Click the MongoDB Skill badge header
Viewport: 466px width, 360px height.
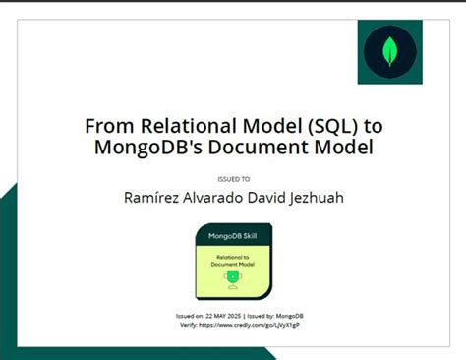tap(232, 237)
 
